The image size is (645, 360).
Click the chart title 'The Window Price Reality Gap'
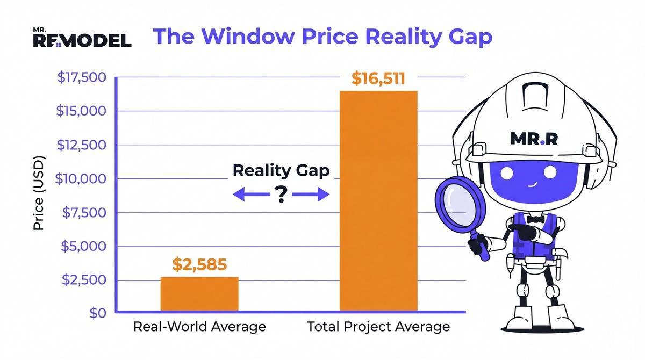(322, 37)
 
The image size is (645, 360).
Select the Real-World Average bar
(199, 294)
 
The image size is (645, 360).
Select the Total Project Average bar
(378, 201)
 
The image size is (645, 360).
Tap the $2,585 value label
(199, 264)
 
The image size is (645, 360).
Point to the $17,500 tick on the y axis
(82, 77)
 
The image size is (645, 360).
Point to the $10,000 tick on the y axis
(82, 179)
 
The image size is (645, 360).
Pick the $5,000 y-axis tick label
(85, 247)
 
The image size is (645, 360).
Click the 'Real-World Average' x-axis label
(199, 327)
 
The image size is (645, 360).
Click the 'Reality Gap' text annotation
(281, 171)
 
